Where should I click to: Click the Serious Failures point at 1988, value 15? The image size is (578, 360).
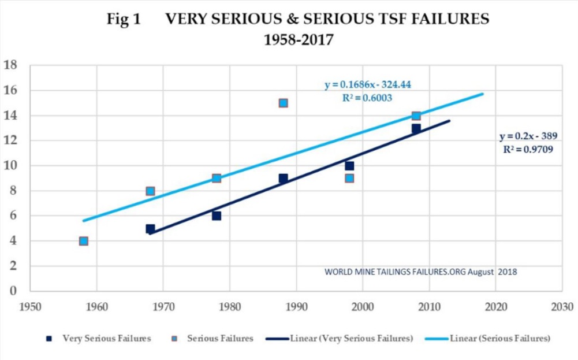[283, 103]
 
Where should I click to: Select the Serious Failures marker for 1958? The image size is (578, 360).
[84, 241]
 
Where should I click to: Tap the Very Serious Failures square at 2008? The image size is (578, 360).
[416, 128]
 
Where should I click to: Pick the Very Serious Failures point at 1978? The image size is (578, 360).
[217, 216]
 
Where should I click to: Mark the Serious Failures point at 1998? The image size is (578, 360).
[349, 178]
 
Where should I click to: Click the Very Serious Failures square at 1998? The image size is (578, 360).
[349, 166]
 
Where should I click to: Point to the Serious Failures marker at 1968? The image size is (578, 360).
[150, 191]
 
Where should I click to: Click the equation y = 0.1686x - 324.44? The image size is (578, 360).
[367, 85]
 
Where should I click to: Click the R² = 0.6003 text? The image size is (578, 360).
[367, 98]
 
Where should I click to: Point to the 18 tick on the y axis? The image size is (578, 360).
[10, 65]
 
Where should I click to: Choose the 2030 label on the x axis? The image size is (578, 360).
[562, 305]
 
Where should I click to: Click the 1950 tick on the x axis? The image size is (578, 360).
[30, 305]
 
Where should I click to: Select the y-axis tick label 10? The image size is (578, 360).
[10, 166]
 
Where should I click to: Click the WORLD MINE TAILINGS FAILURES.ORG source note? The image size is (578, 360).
[420, 271]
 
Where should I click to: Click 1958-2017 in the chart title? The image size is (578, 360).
[298, 41]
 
